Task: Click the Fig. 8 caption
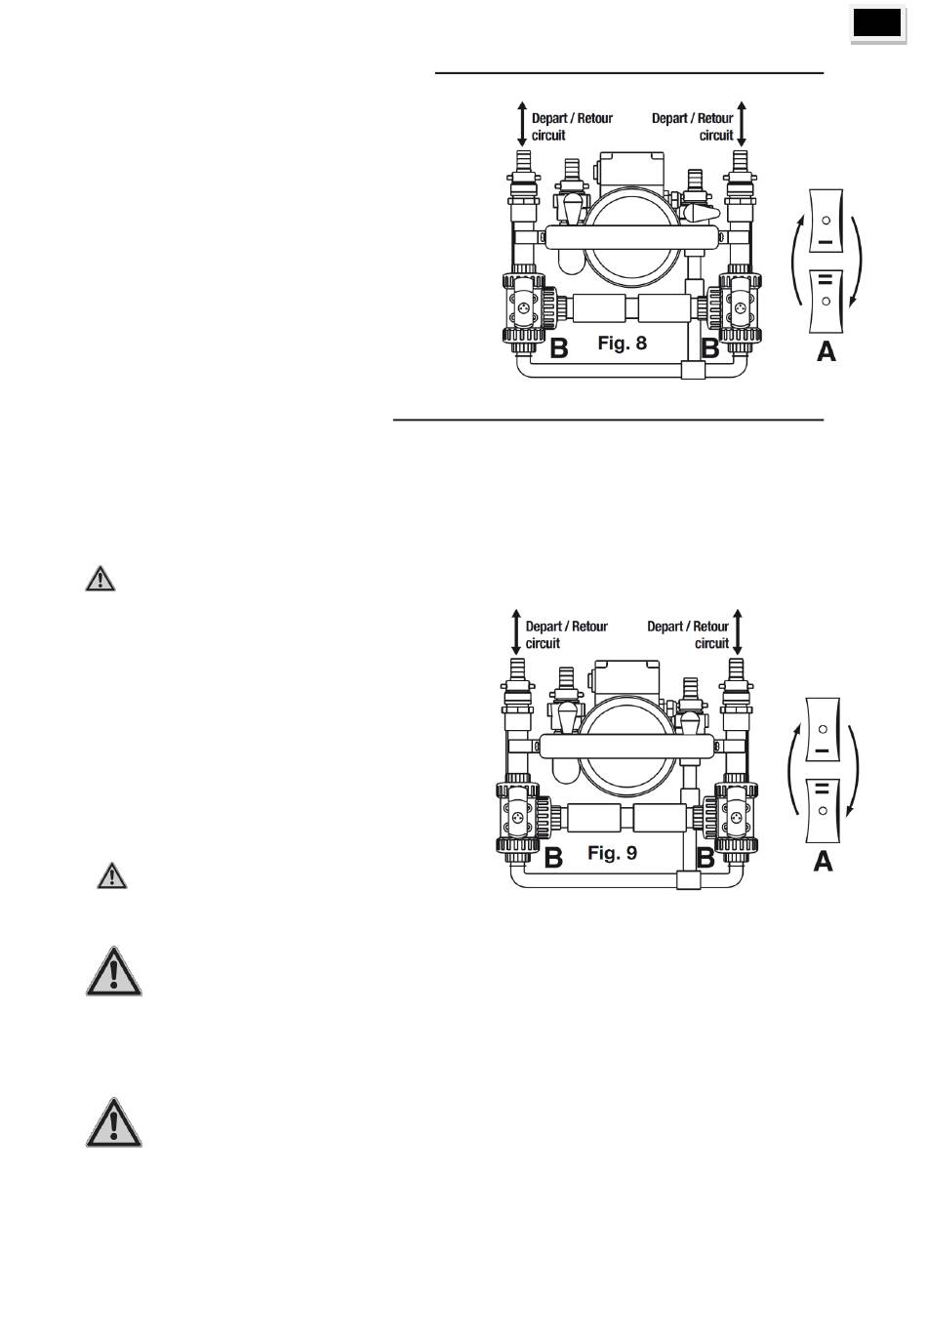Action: click(622, 344)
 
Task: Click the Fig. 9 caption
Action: click(613, 852)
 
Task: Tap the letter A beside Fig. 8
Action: click(826, 351)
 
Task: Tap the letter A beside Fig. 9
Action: click(823, 862)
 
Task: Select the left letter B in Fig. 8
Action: click(559, 348)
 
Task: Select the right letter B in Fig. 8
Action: click(709, 348)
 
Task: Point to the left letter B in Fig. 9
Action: click(554, 858)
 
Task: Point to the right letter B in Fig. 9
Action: click(705, 858)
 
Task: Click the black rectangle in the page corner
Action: click(877, 23)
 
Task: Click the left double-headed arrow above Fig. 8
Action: click(522, 124)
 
